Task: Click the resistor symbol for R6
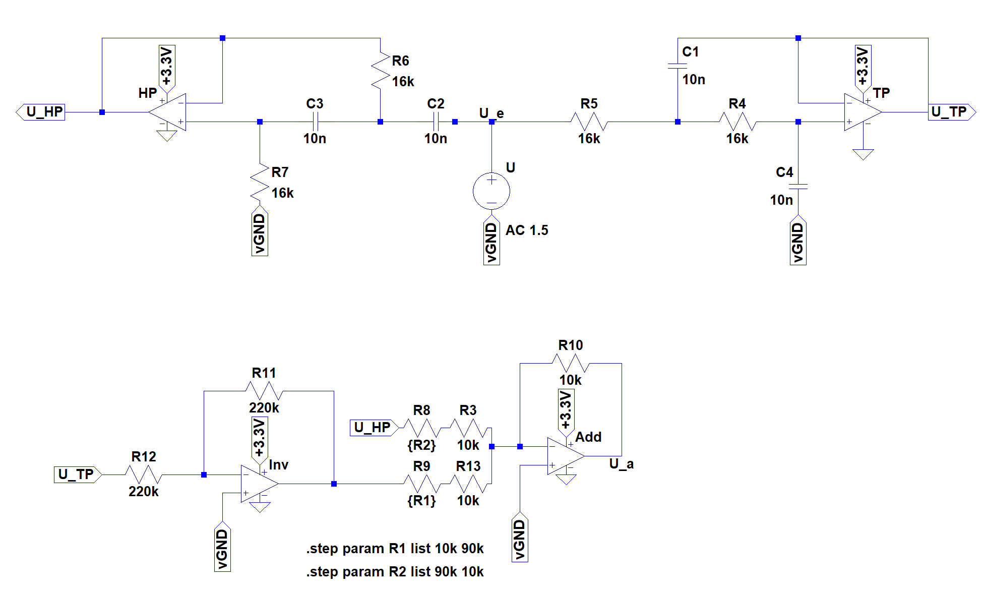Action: [x=380, y=71]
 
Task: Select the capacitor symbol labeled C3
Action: [x=315, y=122]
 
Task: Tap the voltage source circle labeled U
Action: [x=491, y=192]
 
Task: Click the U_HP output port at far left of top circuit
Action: [x=41, y=112]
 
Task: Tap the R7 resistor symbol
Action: [x=260, y=183]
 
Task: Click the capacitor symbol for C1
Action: [x=678, y=66]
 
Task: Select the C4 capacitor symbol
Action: [x=798, y=187]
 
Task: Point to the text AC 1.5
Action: [x=527, y=230]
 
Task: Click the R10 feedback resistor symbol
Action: [x=571, y=363]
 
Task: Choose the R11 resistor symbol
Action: [x=264, y=390]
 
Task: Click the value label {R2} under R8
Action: [x=421, y=445]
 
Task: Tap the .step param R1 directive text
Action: [x=395, y=549]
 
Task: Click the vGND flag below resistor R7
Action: [x=260, y=233]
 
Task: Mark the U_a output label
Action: [x=621, y=464]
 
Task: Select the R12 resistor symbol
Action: [x=144, y=475]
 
